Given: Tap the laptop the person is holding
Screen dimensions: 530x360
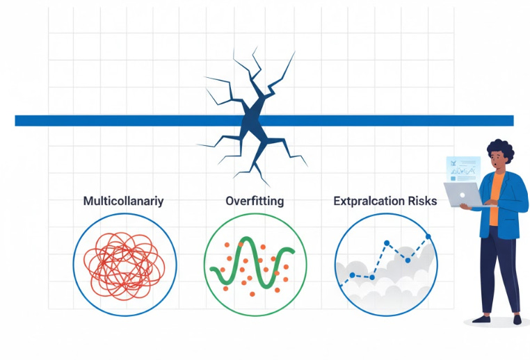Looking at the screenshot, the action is [x=463, y=196].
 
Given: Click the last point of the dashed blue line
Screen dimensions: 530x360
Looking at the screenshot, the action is [x=428, y=237].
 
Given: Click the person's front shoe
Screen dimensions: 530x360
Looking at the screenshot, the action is [x=481, y=319].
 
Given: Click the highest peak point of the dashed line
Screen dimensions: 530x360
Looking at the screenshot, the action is [x=428, y=237].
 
